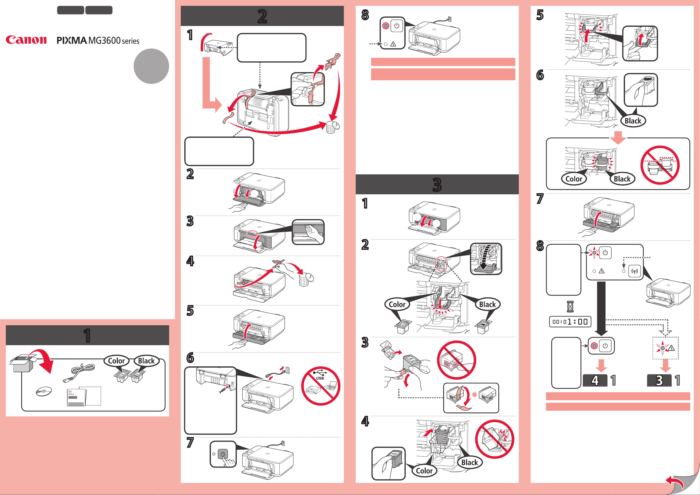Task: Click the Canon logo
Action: coord(26,40)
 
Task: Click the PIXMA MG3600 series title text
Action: coord(98,41)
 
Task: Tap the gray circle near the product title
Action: coord(151,66)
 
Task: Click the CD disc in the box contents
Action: coord(44,391)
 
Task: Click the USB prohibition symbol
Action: coord(320,386)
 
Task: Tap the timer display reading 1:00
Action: coord(570,322)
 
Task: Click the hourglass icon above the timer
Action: coord(570,307)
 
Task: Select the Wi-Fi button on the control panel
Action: coord(635,271)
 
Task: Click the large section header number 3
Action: coord(437,185)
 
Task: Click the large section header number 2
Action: coord(262,16)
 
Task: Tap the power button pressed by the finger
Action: coord(223,454)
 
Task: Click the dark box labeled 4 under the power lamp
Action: coord(595,380)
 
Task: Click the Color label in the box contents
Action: coord(117,361)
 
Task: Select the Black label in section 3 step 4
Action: coord(470,462)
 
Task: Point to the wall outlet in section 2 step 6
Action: coord(286,370)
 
